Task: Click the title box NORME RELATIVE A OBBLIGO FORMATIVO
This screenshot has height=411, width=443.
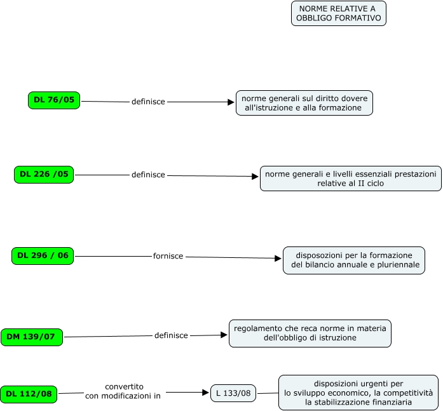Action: [339, 13]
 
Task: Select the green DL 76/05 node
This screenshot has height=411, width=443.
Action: [54, 100]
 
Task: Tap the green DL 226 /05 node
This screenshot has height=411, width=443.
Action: [44, 175]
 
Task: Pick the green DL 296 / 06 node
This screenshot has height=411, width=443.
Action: [43, 256]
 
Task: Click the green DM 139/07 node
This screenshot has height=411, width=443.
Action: [32, 337]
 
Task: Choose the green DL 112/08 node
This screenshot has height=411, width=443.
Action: [29, 394]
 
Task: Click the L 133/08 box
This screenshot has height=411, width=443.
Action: [233, 393]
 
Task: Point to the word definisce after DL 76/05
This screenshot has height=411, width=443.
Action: [148, 102]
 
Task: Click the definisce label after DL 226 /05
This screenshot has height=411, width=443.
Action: [148, 175]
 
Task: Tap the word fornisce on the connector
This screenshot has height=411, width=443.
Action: [168, 256]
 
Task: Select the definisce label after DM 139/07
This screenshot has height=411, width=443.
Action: [171, 335]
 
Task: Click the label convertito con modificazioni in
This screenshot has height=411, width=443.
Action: [123, 391]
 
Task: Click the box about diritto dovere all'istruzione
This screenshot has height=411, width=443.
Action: [304, 103]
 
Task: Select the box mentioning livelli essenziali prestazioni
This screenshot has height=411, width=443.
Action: [351, 179]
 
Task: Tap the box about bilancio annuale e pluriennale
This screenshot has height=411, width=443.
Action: [354, 260]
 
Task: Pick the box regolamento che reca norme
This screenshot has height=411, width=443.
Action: [310, 334]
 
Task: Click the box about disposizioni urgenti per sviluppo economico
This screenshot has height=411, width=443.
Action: [358, 393]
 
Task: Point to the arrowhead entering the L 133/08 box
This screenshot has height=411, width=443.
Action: [206, 393]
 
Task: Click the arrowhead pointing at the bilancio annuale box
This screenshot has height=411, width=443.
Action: [278, 259]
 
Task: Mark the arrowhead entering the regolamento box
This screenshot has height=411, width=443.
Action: [224, 335]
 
